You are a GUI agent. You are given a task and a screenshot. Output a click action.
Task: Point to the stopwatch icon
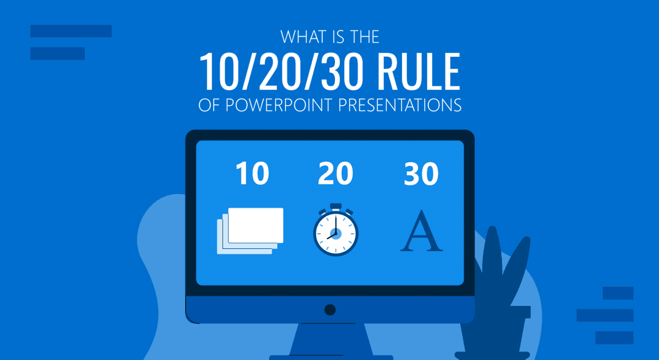coord(335,232)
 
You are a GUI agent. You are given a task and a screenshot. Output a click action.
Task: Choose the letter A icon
coord(421,232)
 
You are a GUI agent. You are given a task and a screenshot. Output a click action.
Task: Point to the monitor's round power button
coord(330,309)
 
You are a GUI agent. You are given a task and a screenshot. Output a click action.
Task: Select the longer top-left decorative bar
coord(71,31)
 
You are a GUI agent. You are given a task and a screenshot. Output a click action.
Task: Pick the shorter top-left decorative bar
coord(57,53)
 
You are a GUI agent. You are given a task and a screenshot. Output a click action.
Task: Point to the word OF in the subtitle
coord(208,105)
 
